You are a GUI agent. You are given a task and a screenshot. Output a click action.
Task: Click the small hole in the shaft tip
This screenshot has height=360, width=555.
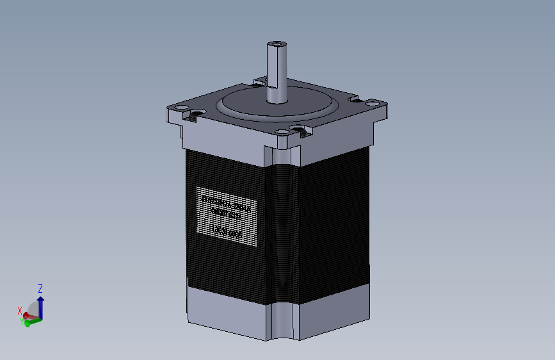(x=277, y=44)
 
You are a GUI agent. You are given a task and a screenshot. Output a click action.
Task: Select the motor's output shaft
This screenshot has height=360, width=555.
(x=277, y=74)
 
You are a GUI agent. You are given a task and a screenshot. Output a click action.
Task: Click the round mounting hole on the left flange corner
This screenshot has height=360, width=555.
(x=181, y=107)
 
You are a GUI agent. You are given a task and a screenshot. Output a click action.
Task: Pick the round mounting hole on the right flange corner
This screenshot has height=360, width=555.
(x=372, y=101)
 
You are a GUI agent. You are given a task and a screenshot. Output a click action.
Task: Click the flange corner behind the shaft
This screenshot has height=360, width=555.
(x=260, y=81)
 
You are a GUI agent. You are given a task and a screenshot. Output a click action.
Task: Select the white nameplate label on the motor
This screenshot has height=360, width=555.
(x=226, y=216)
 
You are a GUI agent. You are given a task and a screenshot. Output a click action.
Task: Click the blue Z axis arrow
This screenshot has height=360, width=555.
(x=40, y=306)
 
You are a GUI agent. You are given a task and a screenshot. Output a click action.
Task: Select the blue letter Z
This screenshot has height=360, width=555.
(x=40, y=288)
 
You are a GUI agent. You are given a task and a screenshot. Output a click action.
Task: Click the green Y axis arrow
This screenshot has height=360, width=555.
(x=32, y=320)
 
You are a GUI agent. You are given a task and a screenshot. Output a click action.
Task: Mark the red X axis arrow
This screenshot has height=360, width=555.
(x=29, y=315)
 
